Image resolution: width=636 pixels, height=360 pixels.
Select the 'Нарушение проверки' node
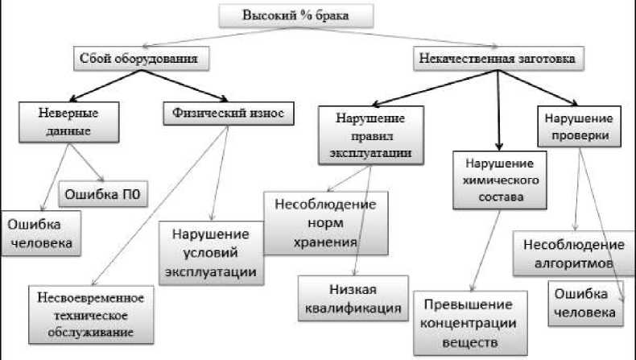click(x=579, y=126)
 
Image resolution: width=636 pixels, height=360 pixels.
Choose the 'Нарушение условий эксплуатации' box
click(x=212, y=253)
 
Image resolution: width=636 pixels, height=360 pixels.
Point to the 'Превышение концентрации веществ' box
click(x=468, y=324)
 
